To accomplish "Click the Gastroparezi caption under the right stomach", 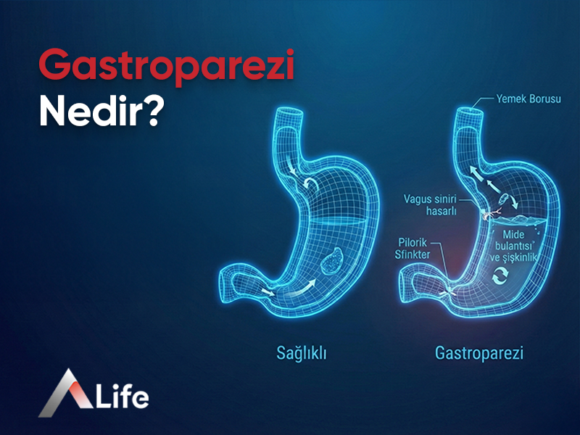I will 479,354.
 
